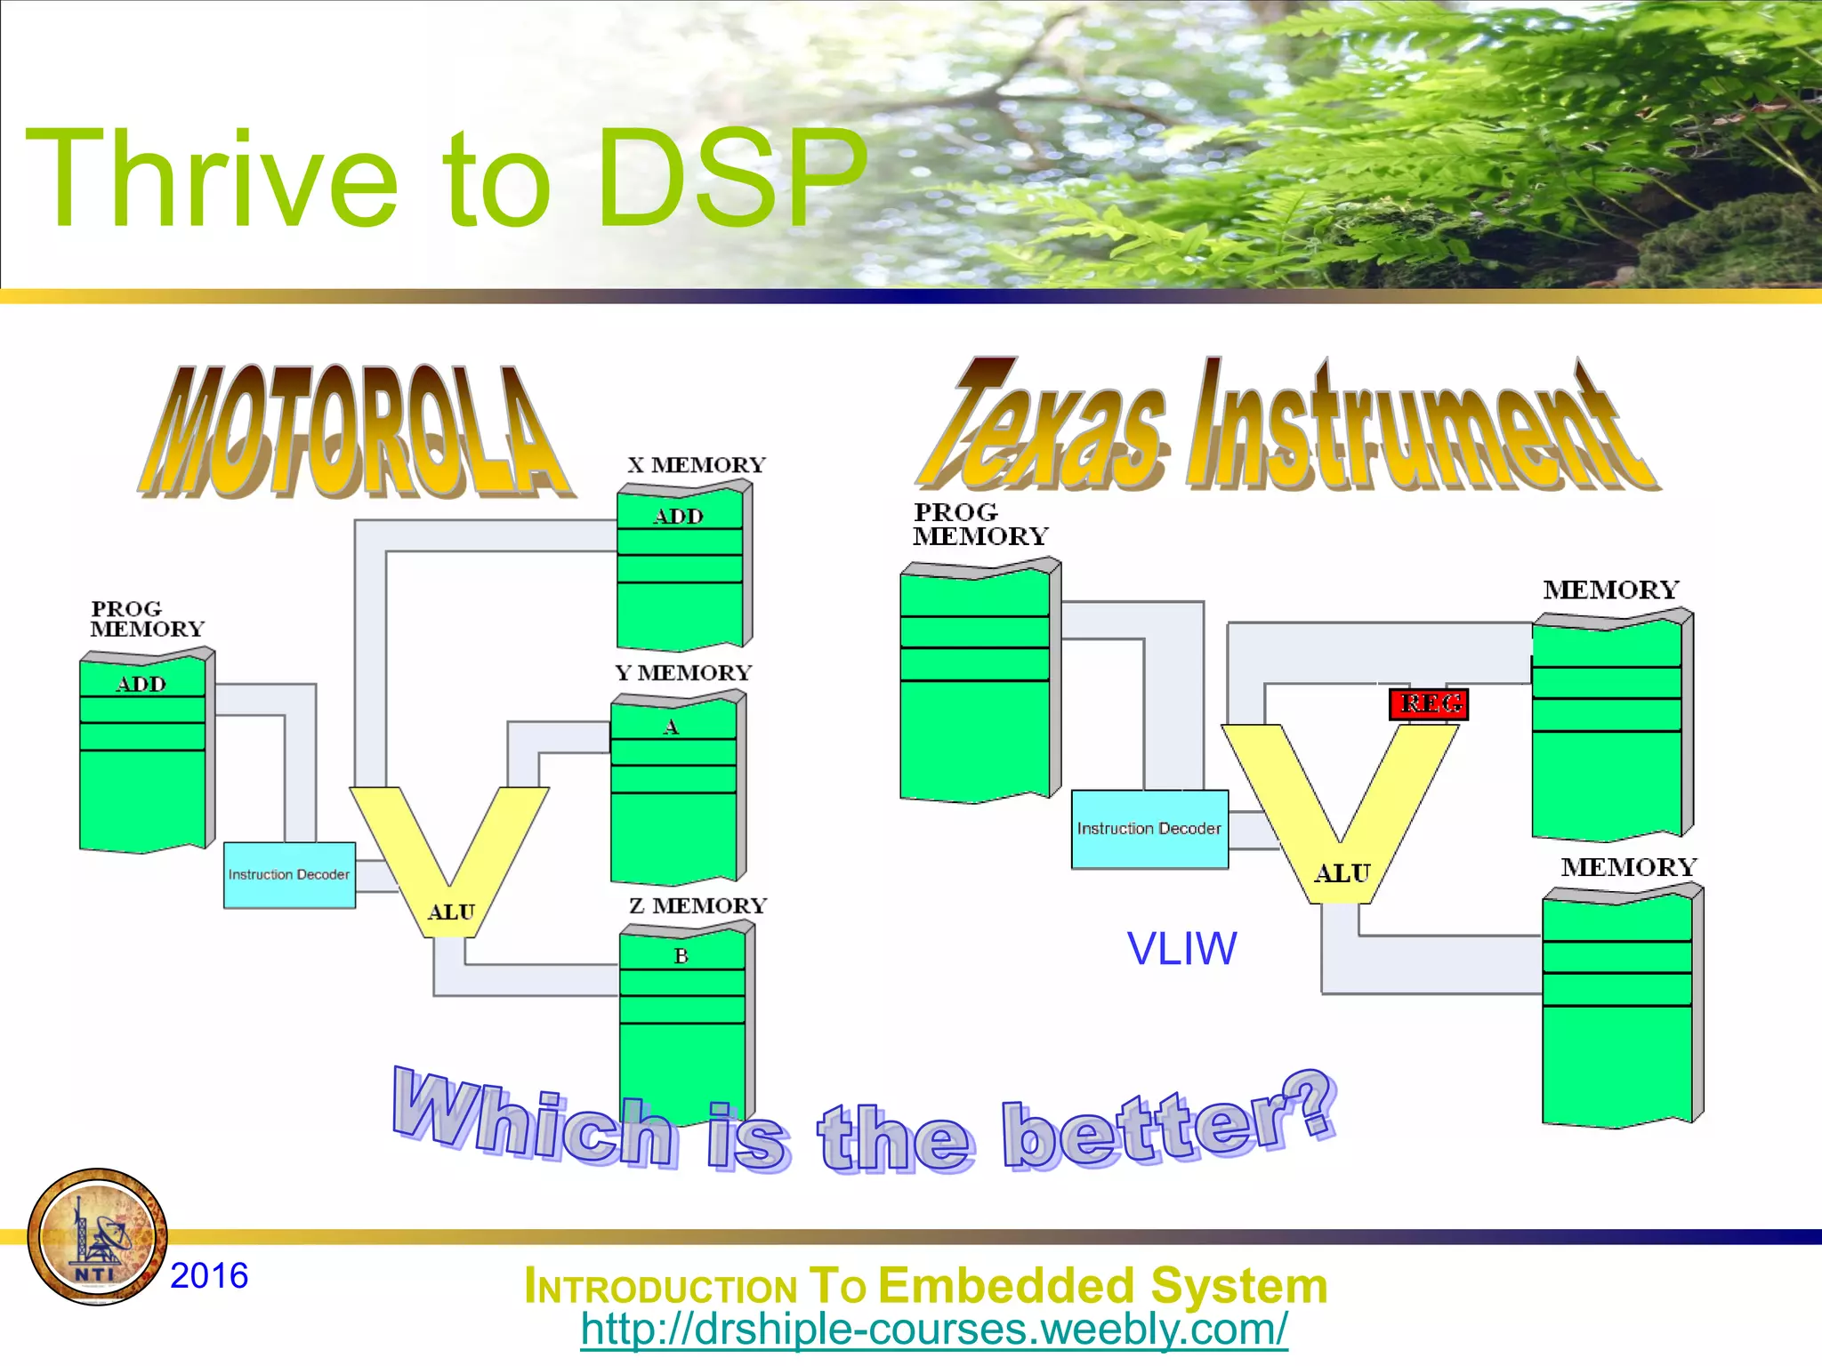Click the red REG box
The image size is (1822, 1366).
point(1428,704)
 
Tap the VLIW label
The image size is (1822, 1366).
point(1181,949)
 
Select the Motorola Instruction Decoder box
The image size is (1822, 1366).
point(289,875)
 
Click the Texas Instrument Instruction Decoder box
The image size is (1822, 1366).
point(1149,829)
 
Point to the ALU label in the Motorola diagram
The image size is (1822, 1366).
point(451,912)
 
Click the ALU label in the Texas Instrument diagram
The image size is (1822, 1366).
point(1342,874)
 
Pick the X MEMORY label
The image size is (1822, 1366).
point(696,465)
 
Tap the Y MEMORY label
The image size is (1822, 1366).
point(683,673)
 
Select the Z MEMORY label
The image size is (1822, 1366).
point(697,906)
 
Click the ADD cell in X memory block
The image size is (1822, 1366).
point(679,517)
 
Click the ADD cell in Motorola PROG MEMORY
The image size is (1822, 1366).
point(141,684)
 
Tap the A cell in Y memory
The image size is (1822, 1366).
point(672,727)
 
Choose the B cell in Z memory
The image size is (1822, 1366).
point(681,957)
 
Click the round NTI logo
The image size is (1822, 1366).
point(97,1237)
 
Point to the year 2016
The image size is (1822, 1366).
point(209,1276)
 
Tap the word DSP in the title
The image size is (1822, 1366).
point(730,178)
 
